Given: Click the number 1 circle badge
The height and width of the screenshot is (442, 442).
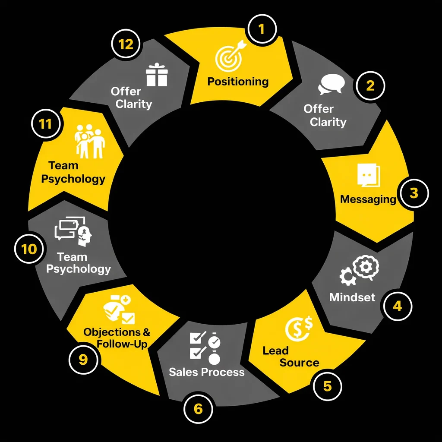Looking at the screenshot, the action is point(262,29).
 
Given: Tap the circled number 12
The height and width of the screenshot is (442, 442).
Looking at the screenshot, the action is point(126,44).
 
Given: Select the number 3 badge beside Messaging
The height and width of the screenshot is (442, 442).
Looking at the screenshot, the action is point(414,193).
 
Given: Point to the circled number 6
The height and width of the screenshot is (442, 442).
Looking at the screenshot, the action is point(198,409).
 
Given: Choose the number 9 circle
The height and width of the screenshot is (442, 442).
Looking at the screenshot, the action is point(83,360).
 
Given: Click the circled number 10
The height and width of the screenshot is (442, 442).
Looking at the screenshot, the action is point(29,249).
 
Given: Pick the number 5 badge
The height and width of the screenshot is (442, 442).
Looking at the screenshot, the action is point(327,386).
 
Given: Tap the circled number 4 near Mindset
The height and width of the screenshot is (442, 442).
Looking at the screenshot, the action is point(397,306).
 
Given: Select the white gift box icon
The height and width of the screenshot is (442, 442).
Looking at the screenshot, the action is point(157,74).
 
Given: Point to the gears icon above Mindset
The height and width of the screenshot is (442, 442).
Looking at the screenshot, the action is point(359,270).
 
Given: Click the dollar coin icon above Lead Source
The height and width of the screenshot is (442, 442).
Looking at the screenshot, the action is point(299,328).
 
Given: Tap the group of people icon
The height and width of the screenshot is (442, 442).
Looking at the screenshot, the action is point(90,141).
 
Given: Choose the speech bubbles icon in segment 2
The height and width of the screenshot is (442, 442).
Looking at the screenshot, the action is point(331,84).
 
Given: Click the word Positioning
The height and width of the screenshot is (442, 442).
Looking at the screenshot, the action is point(238,82).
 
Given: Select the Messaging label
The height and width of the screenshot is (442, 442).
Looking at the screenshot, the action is point(368,199).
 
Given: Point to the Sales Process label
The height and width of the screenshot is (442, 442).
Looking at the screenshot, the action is point(207,372).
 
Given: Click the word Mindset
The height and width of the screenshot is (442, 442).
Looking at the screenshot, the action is point(352,297).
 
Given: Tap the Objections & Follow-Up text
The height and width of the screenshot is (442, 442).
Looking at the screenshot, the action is point(117,338).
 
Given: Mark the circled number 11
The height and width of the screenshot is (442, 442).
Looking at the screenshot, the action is point(46,124).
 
